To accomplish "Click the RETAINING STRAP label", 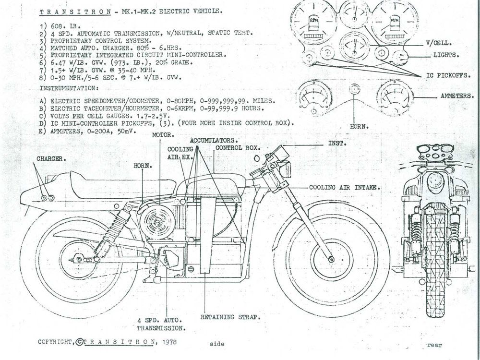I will pyautogui.click(x=230, y=317).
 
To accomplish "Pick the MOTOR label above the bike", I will pyautogui.click(x=162, y=135).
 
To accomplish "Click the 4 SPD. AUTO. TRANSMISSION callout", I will pyautogui.click(x=161, y=324).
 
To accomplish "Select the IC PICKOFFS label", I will pyautogui.click(x=448, y=75).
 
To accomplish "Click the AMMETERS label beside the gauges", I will pyautogui.click(x=456, y=96).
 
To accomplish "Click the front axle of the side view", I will pyautogui.click(x=332, y=259).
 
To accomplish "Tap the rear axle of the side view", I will pyautogui.click(x=77, y=260).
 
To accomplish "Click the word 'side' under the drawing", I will pyautogui.click(x=217, y=344).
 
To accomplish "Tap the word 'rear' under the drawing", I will pyautogui.click(x=434, y=345).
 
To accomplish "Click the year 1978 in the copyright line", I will pyautogui.click(x=169, y=342).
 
